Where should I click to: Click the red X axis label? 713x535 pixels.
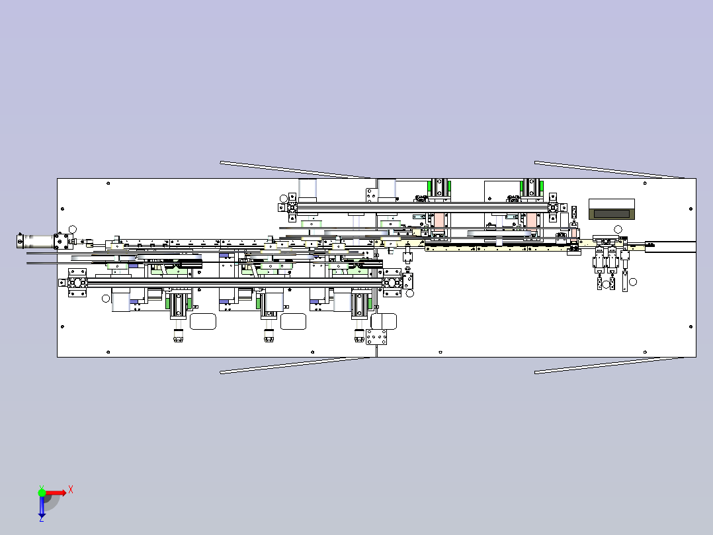(x=71, y=490)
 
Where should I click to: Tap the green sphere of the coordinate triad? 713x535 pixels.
(x=42, y=493)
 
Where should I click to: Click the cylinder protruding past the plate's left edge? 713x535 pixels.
(x=36, y=241)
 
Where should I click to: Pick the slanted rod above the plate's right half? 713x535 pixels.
(x=609, y=170)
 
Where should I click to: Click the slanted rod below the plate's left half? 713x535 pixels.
(x=296, y=365)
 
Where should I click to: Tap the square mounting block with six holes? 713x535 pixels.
(x=376, y=337)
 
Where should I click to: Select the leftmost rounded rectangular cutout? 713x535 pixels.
(x=203, y=321)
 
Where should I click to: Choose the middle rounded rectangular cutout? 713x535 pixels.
(x=293, y=321)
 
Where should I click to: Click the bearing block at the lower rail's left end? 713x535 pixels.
(x=77, y=283)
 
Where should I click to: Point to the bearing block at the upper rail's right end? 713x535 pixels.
(x=553, y=208)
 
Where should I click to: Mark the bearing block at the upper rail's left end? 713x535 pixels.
(x=292, y=208)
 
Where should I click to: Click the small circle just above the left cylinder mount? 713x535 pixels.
(x=72, y=230)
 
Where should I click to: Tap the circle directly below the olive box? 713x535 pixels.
(x=618, y=229)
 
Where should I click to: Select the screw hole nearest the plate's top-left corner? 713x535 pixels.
(x=108, y=183)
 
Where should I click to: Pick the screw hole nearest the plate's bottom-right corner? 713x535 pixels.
(x=691, y=326)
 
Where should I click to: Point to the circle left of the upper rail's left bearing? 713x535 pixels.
(x=284, y=199)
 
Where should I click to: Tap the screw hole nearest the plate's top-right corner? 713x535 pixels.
(x=646, y=183)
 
